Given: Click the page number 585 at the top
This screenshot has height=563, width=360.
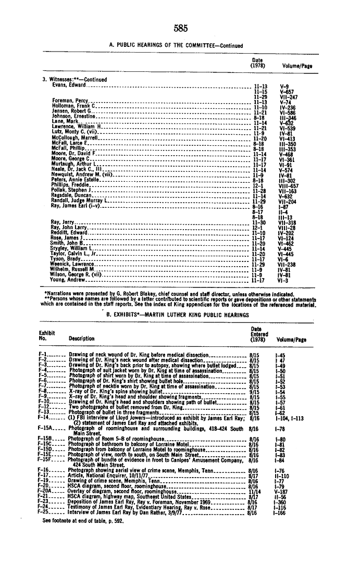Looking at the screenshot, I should pyautogui.click(x=180, y=28).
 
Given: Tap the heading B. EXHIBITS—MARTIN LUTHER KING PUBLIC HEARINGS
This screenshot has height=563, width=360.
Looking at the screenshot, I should pyautogui.click(x=180, y=315).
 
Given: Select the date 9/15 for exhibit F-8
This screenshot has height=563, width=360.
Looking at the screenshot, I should pyautogui.click(x=255, y=391).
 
